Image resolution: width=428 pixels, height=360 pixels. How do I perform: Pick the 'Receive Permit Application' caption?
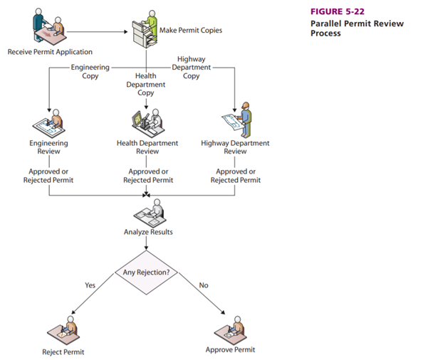(50, 52)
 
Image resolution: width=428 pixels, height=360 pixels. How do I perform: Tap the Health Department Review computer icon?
(147, 120)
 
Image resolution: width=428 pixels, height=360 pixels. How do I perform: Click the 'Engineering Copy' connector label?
(90, 71)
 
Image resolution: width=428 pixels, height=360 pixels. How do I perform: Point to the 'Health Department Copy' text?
(146, 84)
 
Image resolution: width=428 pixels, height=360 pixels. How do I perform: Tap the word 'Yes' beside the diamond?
(90, 285)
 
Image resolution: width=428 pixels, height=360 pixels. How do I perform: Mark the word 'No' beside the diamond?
(204, 285)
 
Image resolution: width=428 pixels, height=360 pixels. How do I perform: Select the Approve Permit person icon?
(229, 327)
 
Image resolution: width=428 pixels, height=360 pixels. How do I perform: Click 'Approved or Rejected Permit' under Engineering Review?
(49, 176)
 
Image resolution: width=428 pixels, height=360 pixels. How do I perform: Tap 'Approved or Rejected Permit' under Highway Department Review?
(236, 176)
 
